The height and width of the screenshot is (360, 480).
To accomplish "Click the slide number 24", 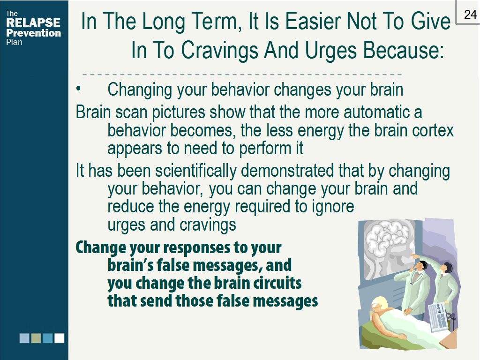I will [470, 15].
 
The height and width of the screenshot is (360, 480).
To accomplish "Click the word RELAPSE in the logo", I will [33, 23].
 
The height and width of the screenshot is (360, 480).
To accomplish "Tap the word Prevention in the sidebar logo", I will [33, 33].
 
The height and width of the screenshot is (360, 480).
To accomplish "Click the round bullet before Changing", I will [79, 89].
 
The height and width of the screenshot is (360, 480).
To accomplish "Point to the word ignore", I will [332, 207].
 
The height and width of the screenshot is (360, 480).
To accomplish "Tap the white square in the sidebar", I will [59, 338].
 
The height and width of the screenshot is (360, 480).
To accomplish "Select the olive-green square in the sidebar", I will [36, 338].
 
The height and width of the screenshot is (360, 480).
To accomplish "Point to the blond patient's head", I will [378, 304].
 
